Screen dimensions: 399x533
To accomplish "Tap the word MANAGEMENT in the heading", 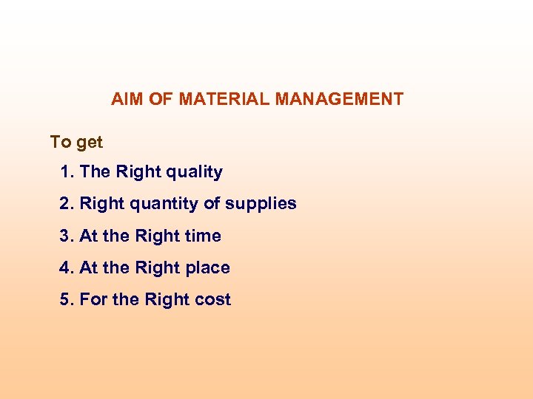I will coord(340,99).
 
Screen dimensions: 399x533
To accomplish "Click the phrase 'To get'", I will coord(76,142).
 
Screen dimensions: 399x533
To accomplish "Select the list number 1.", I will coord(67,172).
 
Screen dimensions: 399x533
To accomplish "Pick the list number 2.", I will coord(67,204).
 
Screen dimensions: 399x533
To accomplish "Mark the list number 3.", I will coord(67,236).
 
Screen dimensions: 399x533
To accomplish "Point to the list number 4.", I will coord(67,268).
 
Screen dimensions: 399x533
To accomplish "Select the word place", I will coord(207,268).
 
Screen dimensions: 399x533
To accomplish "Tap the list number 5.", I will coord(67,300).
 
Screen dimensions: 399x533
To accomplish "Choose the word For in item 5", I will coord(93,300).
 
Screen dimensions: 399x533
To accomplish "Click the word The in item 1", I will coord(95,172).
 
